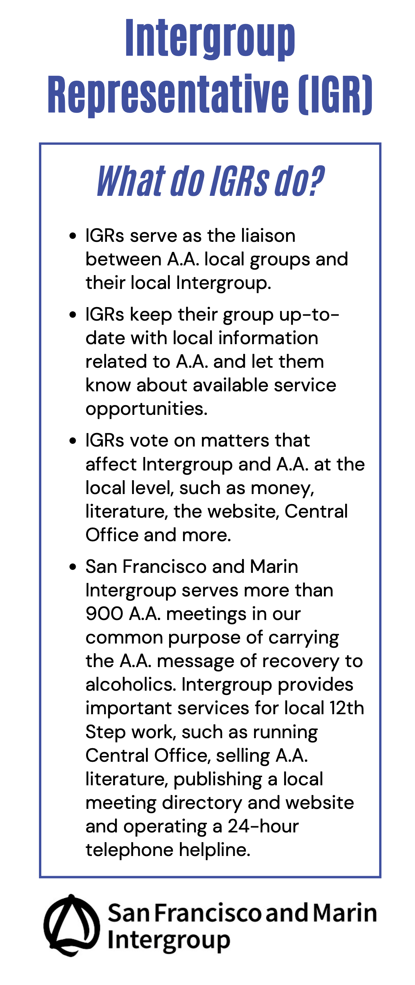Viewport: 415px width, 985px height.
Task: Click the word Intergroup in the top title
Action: click(x=210, y=39)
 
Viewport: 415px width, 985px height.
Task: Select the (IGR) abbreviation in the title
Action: click(x=335, y=95)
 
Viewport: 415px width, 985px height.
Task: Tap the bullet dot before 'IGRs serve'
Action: click(x=73, y=236)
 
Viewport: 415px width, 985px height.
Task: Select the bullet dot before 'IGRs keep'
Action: click(x=73, y=315)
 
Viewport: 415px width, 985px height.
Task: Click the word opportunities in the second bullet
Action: click(x=146, y=409)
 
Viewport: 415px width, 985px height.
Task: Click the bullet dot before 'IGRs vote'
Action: click(x=73, y=441)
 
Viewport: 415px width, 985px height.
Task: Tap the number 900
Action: click(x=104, y=614)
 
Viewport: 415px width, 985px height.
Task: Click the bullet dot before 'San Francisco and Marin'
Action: click(x=73, y=567)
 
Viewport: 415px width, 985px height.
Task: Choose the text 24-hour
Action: click(x=263, y=827)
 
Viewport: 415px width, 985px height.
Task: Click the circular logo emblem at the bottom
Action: click(x=71, y=926)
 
